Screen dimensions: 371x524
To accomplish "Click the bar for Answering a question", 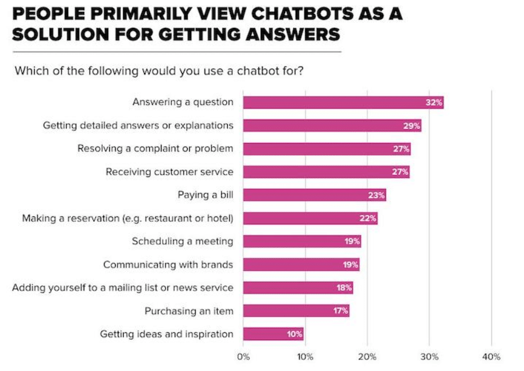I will (343, 103).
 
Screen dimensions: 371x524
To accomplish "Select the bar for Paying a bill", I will (314, 195).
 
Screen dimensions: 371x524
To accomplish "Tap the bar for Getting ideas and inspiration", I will (273, 334).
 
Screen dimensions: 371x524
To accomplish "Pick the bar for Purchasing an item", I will (296, 311).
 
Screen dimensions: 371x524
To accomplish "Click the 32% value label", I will (434, 103).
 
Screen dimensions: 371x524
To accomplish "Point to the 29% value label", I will (412, 126).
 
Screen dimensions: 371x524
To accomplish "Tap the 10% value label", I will (294, 334).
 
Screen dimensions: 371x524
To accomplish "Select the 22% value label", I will (368, 218).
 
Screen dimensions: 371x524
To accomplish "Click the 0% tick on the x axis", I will (243, 356).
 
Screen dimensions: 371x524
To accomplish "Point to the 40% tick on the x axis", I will (491, 356).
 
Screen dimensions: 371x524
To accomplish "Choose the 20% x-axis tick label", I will (367, 356).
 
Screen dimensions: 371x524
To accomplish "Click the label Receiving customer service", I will (170, 172).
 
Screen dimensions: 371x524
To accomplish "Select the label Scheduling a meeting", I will (182, 242).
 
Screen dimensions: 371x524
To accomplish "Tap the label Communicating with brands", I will (168, 265).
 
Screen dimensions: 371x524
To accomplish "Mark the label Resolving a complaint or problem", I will (155, 149).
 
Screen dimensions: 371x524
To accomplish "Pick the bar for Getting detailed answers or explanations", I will (332, 126).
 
